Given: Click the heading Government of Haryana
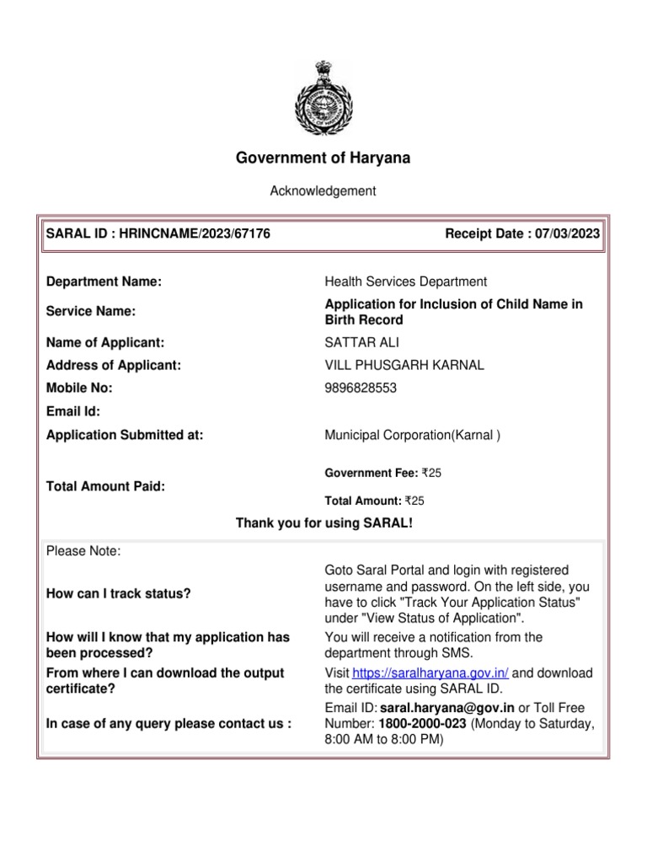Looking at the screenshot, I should (x=323, y=158).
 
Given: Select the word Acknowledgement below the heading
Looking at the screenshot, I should (x=323, y=191).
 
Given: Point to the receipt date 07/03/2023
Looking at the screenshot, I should (x=565, y=233).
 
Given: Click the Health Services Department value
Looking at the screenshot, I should (x=405, y=281).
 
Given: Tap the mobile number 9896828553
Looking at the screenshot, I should (x=361, y=389).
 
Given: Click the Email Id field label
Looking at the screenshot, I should (x=73, y=411).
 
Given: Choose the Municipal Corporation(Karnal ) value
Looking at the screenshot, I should (x=412, y=435).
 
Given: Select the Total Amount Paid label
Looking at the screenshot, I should (x=106, y=486).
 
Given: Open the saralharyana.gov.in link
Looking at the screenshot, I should (x=430, y=673).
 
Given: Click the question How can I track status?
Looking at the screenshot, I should (x=119, y=593).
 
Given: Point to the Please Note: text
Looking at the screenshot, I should (x=83, y=550).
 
